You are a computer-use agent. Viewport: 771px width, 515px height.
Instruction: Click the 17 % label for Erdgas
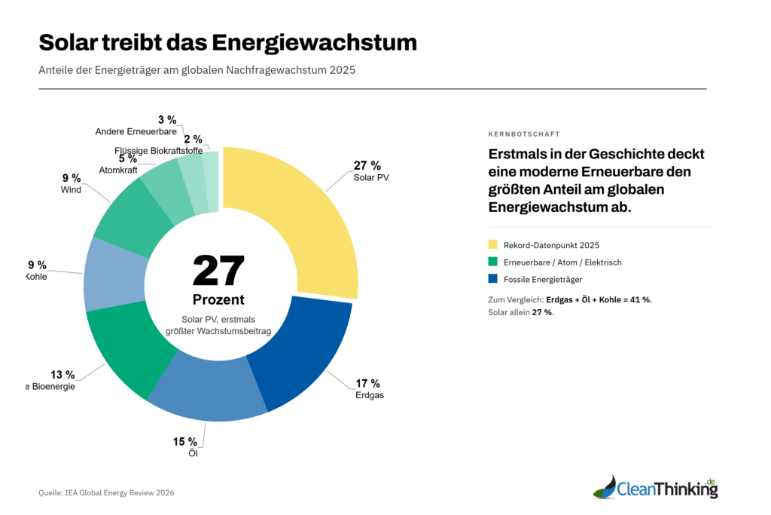[x=367, y=383]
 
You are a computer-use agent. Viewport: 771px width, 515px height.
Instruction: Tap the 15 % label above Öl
[x=184, y=441]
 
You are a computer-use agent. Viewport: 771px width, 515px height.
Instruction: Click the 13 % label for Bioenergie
[x=62, y=375]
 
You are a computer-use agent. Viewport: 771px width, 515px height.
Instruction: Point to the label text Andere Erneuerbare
[x=136, y=132]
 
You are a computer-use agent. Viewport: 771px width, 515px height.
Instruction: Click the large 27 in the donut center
[x=218, y=271]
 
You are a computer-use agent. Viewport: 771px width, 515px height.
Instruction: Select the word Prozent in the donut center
[x=218, y=299]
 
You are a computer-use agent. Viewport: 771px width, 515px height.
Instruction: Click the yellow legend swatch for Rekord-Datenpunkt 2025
[x=493, y=244]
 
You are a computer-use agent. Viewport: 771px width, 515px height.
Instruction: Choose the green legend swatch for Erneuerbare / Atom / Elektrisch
[x=493, y=262]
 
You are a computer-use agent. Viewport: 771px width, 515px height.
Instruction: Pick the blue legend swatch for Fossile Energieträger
[x=493, y=279]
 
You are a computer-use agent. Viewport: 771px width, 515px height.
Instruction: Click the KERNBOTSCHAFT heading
[x=524, y=134]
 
